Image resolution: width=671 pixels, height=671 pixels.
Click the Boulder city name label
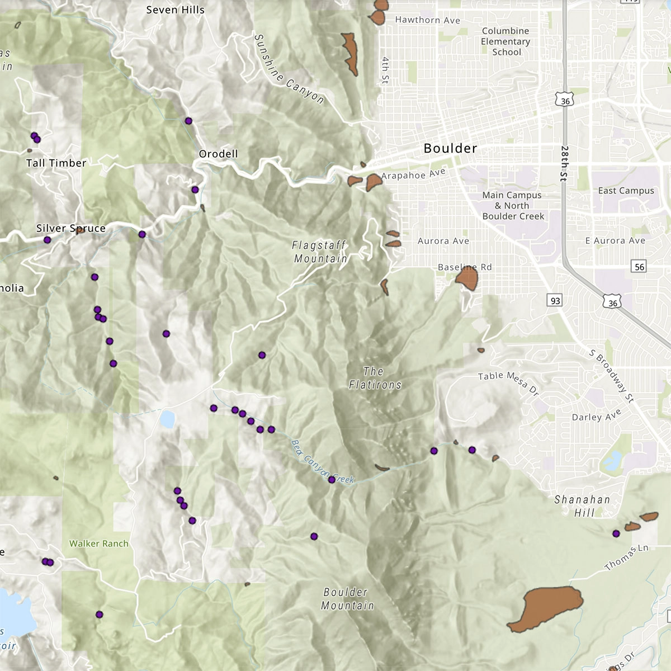450,148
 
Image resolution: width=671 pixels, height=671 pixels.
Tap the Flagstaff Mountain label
320,252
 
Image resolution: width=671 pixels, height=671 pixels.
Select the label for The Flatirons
375,378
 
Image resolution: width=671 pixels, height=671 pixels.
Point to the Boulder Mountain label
347,599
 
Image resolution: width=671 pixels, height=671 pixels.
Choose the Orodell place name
218,154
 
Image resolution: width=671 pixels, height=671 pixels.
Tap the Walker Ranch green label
99,544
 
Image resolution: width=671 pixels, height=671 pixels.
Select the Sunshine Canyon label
289,69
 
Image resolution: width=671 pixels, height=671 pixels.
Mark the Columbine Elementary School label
505,41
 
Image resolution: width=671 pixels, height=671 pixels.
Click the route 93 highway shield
555,301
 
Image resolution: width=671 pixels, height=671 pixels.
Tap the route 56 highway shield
639,267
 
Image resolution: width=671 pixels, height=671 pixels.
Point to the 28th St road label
564,163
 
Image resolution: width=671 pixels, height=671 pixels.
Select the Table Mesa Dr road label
508,383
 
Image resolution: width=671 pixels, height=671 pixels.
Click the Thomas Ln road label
626,557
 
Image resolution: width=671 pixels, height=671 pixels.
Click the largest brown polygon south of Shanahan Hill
546,608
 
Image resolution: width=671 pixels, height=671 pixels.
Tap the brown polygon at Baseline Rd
467,278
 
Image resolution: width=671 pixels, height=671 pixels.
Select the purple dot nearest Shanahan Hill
616,533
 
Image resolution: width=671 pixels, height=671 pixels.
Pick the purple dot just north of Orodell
188,121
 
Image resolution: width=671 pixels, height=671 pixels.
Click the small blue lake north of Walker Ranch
167,419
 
